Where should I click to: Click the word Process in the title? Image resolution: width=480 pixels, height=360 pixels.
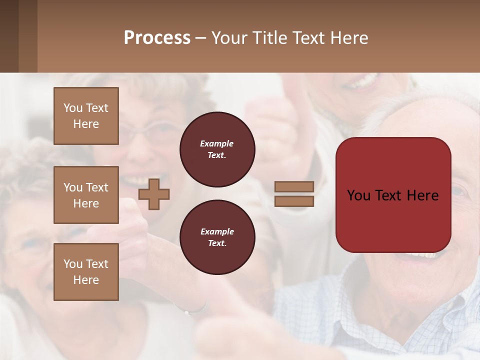157,38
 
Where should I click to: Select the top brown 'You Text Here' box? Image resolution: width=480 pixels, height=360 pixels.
86,116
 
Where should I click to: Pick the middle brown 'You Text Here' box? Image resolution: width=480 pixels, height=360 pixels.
86,195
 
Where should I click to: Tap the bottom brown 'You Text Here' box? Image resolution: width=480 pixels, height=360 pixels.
86,272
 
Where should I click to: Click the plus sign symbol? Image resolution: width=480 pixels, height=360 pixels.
154,194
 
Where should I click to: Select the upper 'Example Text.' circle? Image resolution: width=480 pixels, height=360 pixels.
217,149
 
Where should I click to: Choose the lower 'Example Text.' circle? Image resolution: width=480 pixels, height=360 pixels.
217,237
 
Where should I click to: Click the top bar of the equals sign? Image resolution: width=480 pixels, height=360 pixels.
294,187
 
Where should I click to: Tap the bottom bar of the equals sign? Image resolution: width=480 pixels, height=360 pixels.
294,201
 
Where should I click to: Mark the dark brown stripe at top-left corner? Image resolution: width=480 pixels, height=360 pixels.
9,36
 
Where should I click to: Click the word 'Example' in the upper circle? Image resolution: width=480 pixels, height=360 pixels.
217,144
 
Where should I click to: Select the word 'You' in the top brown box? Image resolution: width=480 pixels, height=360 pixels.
73,108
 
